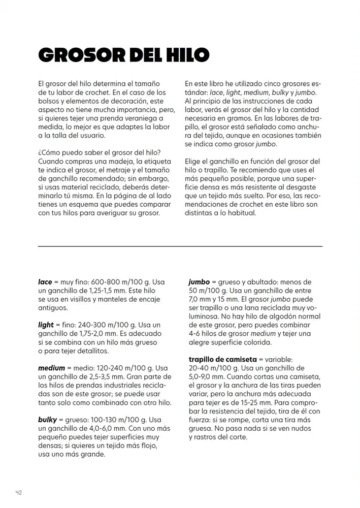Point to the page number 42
coord(18,492)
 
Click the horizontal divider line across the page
coord(180,246)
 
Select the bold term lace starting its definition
coord(45,282)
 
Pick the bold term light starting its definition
coord(46,325)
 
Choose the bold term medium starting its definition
coord(51,368)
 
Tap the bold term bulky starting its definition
coord(47,420)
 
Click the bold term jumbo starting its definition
coord(199,282)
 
